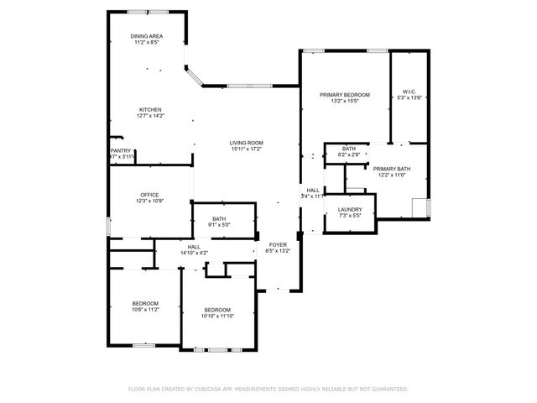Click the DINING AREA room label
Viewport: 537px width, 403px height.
(146, 37)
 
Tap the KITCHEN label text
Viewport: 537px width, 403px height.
(150, 110)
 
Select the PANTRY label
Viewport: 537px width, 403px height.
(121, 151)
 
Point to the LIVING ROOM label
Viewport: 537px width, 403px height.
(247, 143)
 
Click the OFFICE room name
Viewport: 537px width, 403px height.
(149, 195)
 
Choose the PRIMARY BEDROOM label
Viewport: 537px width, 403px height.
(344, 95)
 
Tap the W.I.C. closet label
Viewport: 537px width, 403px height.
(409, 92)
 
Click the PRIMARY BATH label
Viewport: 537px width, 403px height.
(392, 169)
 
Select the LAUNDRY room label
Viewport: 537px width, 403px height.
(349, 209)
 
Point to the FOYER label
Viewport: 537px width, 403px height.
(277, 245)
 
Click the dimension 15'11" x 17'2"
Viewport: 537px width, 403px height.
(247, 149)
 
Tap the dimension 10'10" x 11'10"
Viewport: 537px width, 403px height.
(216, 317)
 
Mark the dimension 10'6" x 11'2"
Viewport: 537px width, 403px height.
(145, 310)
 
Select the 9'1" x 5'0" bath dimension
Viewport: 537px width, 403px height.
(219, 225)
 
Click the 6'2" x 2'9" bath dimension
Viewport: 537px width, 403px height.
(348, 155)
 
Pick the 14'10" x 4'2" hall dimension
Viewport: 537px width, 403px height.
(194, 253)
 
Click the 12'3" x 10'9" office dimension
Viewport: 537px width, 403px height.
(149, 201)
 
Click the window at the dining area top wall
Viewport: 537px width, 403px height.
(146, 11)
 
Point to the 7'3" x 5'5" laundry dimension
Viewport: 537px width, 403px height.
(349, 216)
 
